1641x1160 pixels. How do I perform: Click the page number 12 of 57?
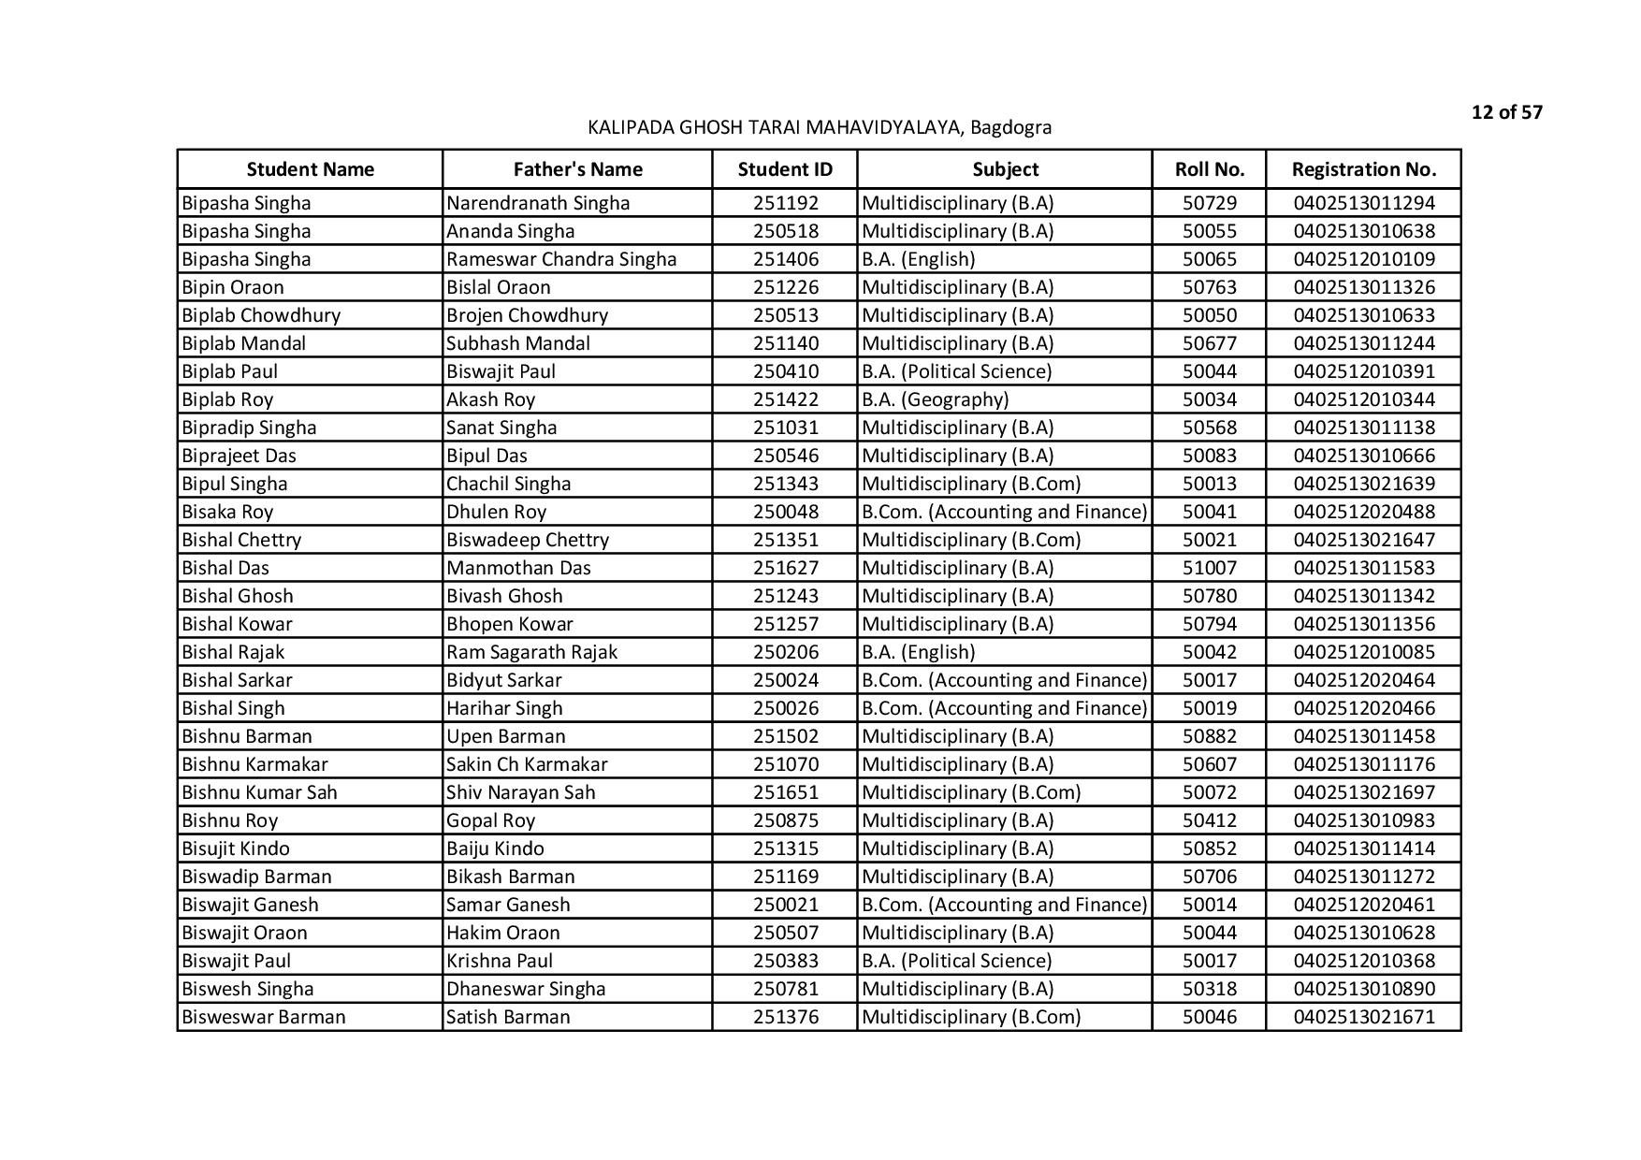pos(1506,113)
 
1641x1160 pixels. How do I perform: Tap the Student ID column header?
pos(784,169)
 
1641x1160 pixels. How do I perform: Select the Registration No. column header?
pos(1363,169)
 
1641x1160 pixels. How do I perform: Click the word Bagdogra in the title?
pos(1010,127)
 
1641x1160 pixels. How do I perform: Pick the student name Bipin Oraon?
pos(233,287)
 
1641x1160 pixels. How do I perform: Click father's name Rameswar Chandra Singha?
pos(561,259)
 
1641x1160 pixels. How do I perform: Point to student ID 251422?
pos(785,399)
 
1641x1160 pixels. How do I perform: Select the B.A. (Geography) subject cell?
pos(935,399)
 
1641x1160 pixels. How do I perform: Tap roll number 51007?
pos(1209,568)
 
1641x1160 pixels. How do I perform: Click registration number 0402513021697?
pos(1363,792)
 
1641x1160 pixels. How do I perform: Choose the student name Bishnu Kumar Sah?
pos(259,792)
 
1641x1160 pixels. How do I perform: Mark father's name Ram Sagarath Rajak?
pos(531,652)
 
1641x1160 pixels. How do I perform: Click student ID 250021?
pos(785,905)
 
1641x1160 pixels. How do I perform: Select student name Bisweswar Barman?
pos(264,1017)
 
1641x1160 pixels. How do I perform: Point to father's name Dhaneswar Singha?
pos(526,989)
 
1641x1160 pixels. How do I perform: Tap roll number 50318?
pos(1209,989)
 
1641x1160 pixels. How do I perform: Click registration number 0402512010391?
pos(1363,371)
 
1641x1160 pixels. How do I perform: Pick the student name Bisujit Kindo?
pos(236,848)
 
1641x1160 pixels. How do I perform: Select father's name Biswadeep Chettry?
pos(528,540)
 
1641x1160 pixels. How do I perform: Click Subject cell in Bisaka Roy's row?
pos(1004,512)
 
